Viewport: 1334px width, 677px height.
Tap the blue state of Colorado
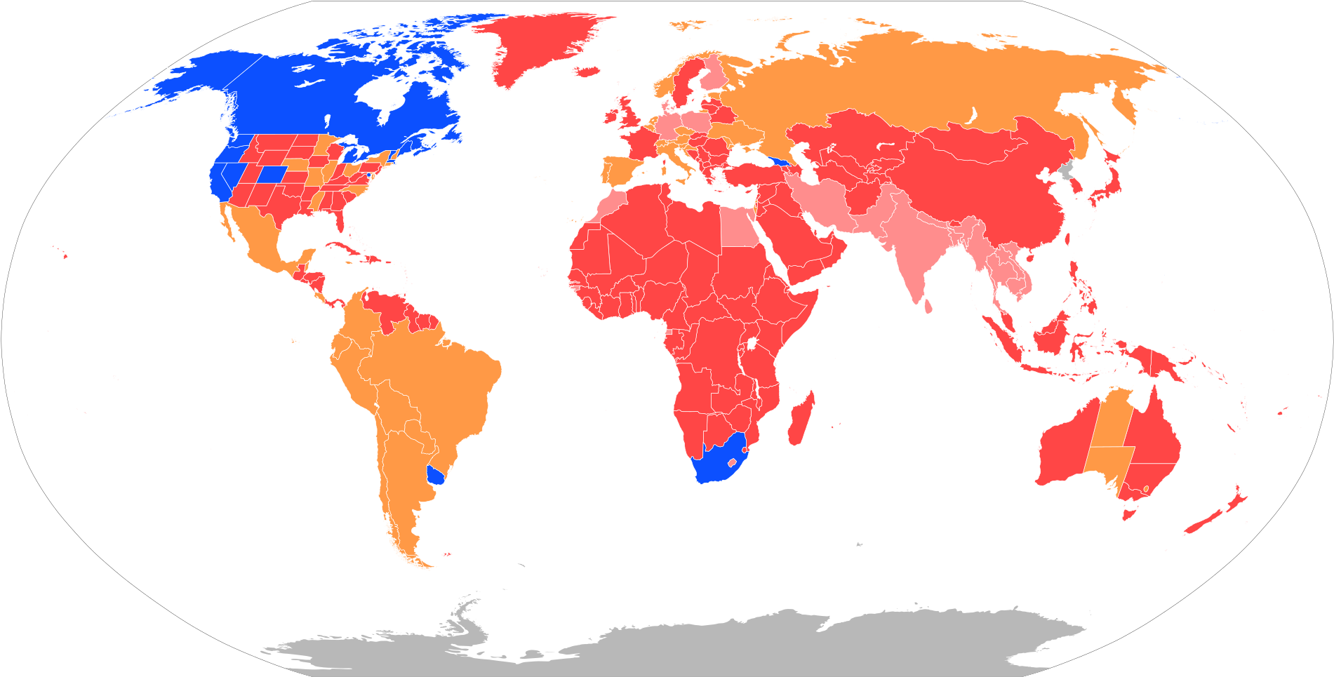273,173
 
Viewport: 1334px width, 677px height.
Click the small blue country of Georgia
780,162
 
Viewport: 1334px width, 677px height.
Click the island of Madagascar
800,421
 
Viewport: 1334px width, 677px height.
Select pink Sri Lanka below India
928,306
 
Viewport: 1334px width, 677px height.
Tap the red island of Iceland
587,71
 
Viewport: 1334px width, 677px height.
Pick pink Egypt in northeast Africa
737,228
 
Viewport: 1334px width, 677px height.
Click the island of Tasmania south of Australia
1128,514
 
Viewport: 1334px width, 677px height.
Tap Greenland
533,42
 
